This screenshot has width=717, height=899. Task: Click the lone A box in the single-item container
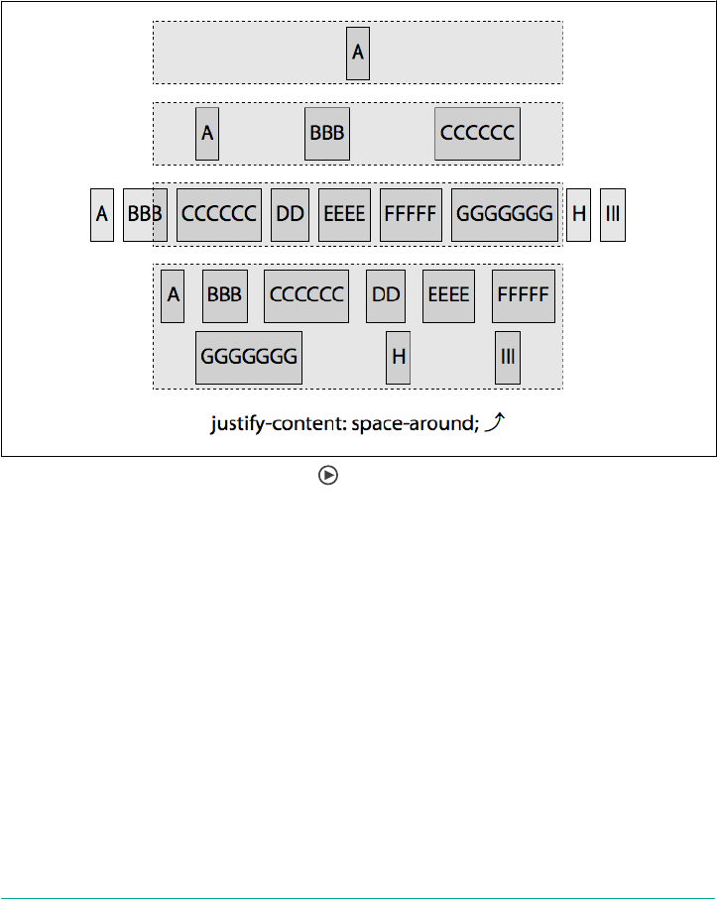click(358, 53)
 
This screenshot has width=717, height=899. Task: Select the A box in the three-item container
click(206, 133)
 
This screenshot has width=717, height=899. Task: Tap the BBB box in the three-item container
click(326, 133)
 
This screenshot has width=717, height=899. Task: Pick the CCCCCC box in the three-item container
click(477, 133)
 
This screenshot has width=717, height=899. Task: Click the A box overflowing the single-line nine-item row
click(101, 214)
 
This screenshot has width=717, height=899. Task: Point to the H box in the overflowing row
click(579, 214)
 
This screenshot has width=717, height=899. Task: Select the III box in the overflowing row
click(612, 214)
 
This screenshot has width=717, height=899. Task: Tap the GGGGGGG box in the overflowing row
click(504, 214)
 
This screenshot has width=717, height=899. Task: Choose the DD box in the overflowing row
click(290, 214)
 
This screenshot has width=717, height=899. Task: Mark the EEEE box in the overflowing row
click(344, 214)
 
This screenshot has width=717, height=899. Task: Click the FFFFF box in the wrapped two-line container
click(523, 295)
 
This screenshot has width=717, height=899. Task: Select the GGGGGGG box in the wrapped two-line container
click(248, 357)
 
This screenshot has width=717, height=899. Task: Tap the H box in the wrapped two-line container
click(398, 357)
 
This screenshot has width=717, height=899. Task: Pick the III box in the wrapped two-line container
click(508, 357)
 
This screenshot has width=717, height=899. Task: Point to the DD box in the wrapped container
click(385, 295)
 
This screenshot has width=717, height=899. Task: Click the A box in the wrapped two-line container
click(173, 295)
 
